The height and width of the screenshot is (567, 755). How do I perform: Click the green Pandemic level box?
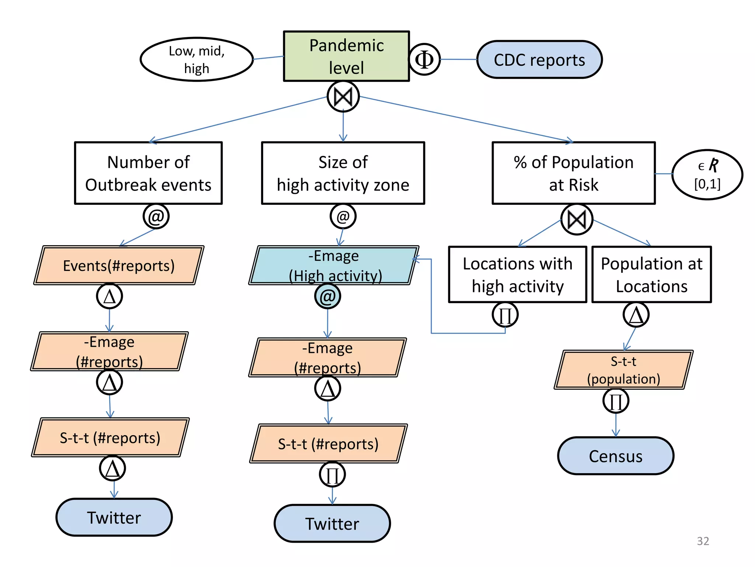point(346,56)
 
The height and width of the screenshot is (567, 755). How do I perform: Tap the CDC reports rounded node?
point(539,60)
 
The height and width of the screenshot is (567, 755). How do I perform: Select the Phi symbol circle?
point(424,59)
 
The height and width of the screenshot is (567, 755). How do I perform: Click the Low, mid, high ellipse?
point(196,59)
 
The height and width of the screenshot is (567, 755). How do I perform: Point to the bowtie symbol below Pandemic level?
point(343,97)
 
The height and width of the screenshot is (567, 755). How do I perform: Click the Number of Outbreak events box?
point(148,173)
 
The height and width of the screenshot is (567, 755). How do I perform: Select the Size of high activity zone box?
point(343,173)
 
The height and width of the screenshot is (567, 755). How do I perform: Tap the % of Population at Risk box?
point(573,173)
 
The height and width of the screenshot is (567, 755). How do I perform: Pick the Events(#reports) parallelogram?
point(119,265)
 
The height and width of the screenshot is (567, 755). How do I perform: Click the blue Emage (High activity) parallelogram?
point(334,265)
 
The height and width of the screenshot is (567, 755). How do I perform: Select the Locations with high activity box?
point(517,275)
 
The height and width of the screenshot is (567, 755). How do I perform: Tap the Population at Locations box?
point(651,275)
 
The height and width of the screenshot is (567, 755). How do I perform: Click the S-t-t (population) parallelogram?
point(623,370)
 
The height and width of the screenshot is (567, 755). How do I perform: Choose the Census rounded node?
point(615,456)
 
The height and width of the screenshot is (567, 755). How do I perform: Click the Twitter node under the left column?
point(114,517)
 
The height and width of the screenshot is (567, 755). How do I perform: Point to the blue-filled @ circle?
point(327,296)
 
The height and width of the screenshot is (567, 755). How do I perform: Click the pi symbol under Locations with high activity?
point(505,315)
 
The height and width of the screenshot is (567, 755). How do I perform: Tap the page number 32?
point(703,541)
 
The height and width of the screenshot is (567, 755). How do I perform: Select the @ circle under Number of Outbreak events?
point(156,216)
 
